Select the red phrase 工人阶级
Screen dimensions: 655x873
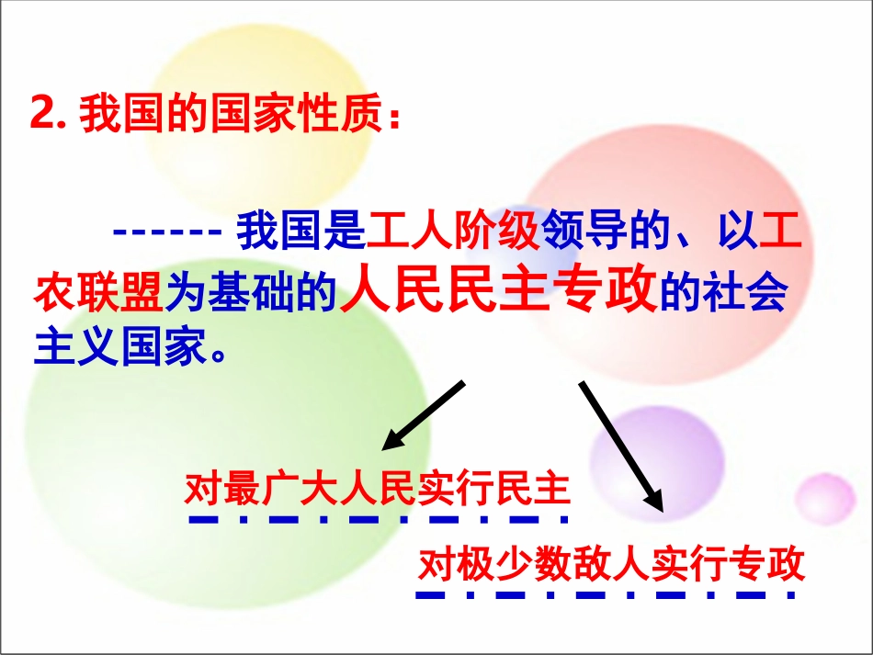click(453, 232)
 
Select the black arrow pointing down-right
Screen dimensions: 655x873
click(620, 445)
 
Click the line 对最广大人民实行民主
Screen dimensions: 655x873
click(377, 489)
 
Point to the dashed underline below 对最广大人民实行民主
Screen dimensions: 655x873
click(377, 519)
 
